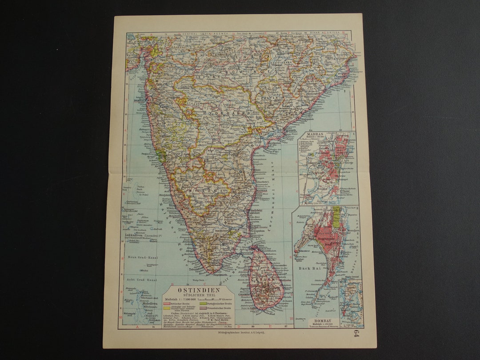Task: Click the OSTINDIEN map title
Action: pos(192,290)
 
